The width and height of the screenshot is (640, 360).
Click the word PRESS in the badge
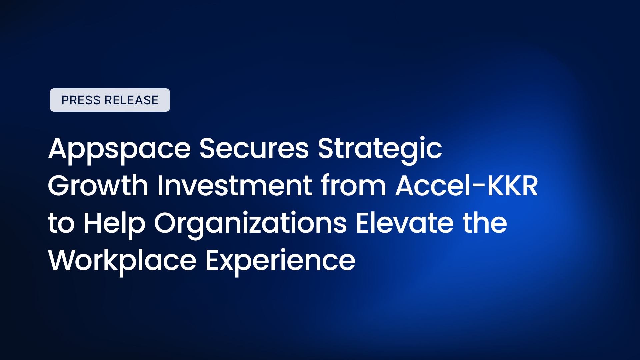click(81, 100)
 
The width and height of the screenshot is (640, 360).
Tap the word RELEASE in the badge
click(131, 100)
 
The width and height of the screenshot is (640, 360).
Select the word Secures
click(254, 148)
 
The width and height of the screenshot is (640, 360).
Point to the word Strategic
click(380, 150)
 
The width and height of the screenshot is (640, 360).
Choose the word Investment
click(235, 185)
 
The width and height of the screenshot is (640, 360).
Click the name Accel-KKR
click(467, 185)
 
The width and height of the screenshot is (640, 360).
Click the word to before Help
click(61, 223)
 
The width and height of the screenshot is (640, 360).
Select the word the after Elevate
click(485, 223)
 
